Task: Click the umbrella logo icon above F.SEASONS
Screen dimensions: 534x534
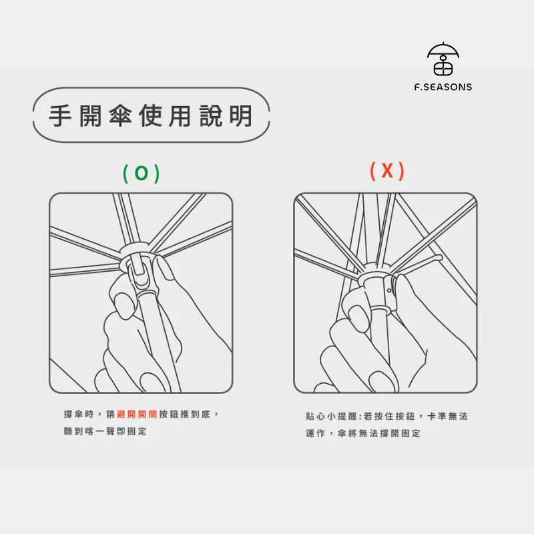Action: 443,59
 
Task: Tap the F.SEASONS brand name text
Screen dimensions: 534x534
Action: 443,87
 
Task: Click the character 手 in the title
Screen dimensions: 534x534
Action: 60,115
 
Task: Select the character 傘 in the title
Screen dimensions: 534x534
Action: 120,115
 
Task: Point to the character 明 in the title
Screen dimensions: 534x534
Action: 241,115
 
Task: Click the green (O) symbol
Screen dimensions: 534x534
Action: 141,173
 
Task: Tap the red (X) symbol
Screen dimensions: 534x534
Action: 387,171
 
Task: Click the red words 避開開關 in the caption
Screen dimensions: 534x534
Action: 137,414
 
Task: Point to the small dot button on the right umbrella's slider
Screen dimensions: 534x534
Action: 389,290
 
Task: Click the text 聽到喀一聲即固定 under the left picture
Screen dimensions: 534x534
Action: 105,431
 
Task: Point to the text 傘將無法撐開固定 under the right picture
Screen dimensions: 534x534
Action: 379,433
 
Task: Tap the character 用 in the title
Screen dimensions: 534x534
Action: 180,115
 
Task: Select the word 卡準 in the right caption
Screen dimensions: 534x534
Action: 437,416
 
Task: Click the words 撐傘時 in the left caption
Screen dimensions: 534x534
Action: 79,414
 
